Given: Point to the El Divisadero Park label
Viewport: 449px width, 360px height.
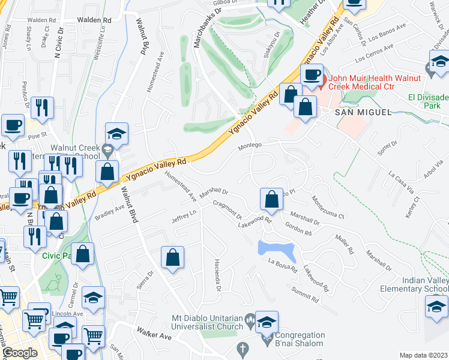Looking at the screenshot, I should pos(427,101).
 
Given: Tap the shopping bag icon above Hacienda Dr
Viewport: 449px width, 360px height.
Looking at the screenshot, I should pos(173,258).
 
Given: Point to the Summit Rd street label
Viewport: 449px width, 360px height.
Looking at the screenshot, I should pos(306,294).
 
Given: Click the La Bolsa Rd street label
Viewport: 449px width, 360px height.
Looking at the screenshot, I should pos(283,266).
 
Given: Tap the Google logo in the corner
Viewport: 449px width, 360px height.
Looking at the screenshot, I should pos(20,353).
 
